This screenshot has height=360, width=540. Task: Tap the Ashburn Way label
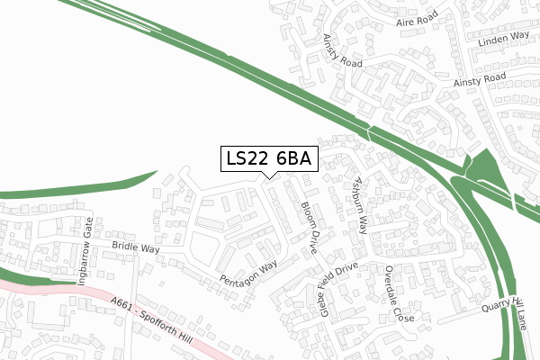360,205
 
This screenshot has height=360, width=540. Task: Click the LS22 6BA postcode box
269,158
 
